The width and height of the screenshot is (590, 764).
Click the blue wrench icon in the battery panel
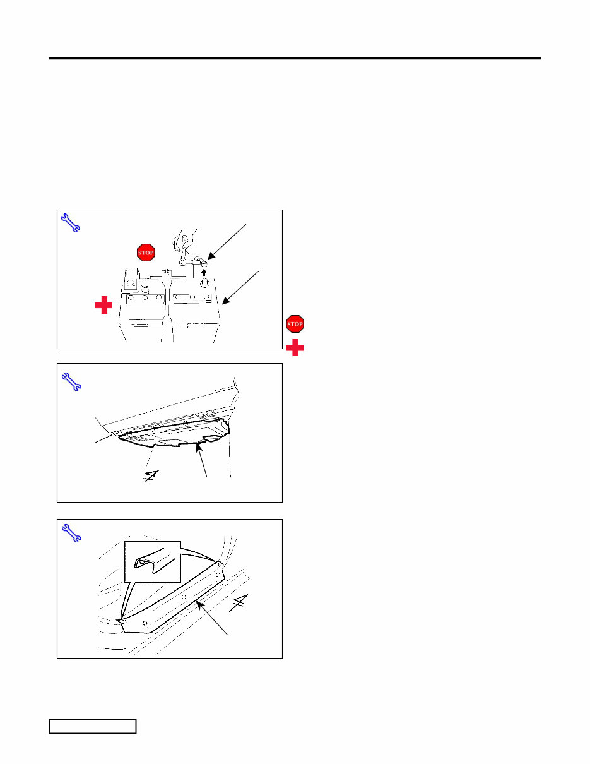point(71,224)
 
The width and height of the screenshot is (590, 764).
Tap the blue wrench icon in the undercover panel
point(71,381)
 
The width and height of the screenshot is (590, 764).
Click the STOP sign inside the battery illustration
point(146,253)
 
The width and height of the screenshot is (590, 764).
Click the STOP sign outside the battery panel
point(295,324)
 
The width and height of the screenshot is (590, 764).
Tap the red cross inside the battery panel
point(103,306)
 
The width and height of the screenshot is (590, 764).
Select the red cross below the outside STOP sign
point(295,347)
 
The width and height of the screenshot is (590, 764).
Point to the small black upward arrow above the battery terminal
point(204,273)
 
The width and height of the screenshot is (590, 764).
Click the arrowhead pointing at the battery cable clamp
point(209,256)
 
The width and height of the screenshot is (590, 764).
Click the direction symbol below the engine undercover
point(150,476)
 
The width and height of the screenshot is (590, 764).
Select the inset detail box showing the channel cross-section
point(152,561)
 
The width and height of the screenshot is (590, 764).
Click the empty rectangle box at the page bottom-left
point(93,726)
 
